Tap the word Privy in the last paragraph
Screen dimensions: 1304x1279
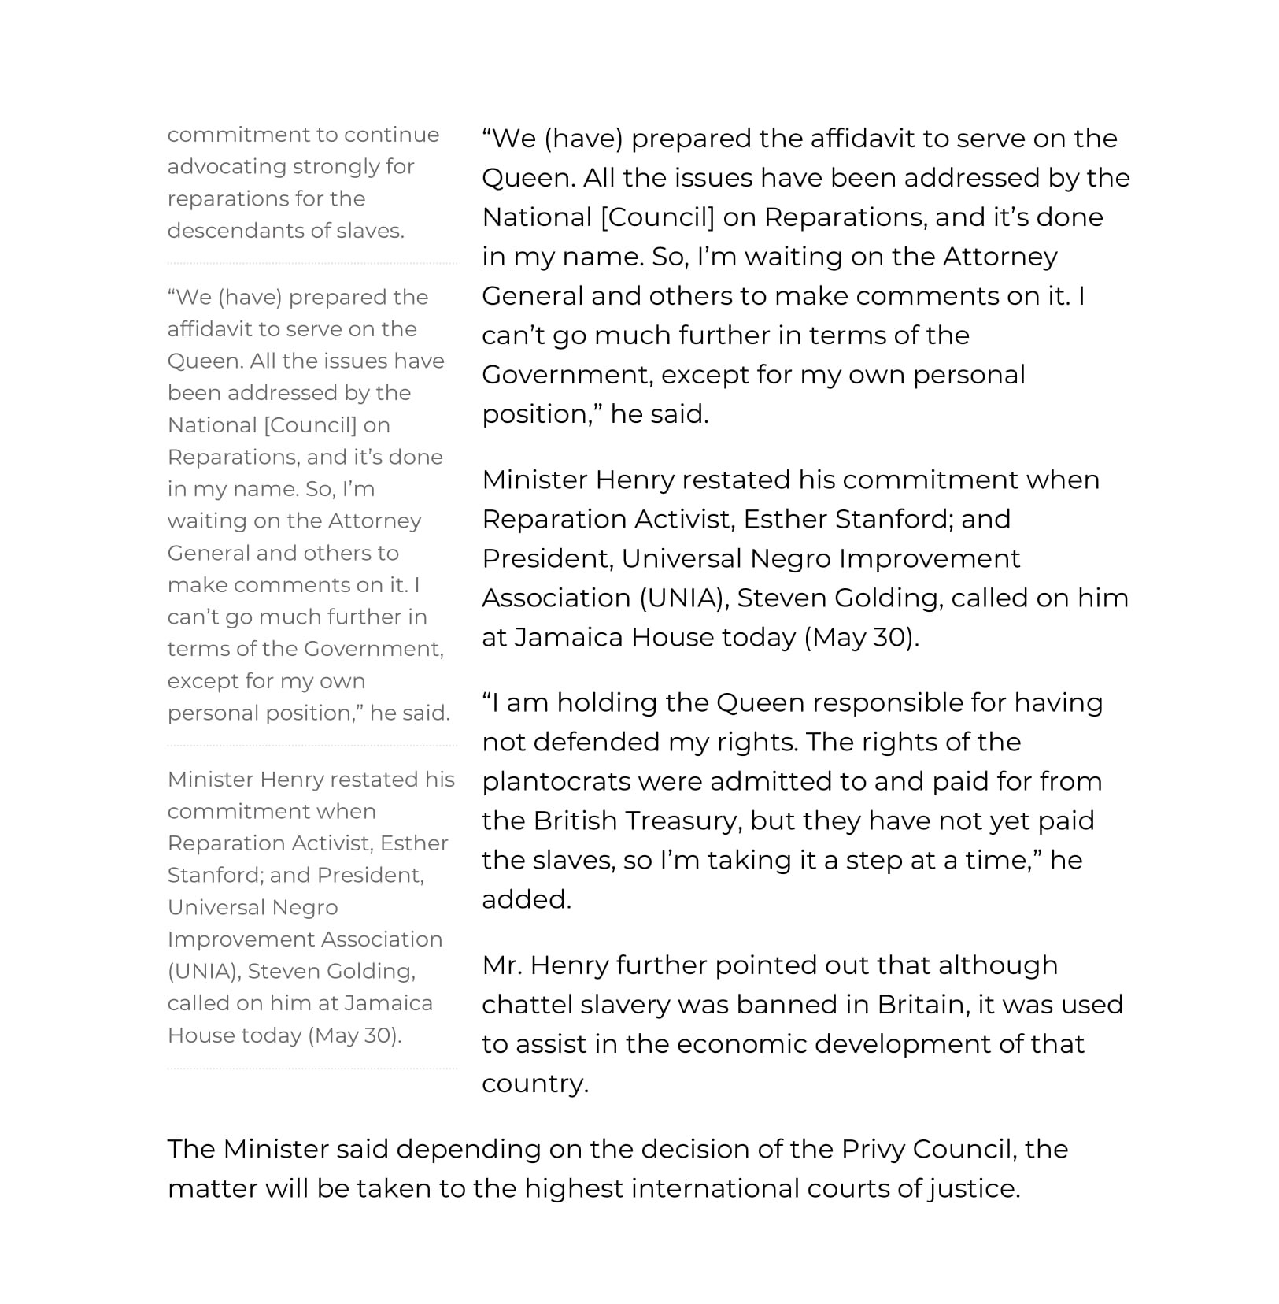pyautogui.click(x=873, y=1149)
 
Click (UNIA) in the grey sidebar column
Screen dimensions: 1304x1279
pyautogui.click(x=203, y=972)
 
